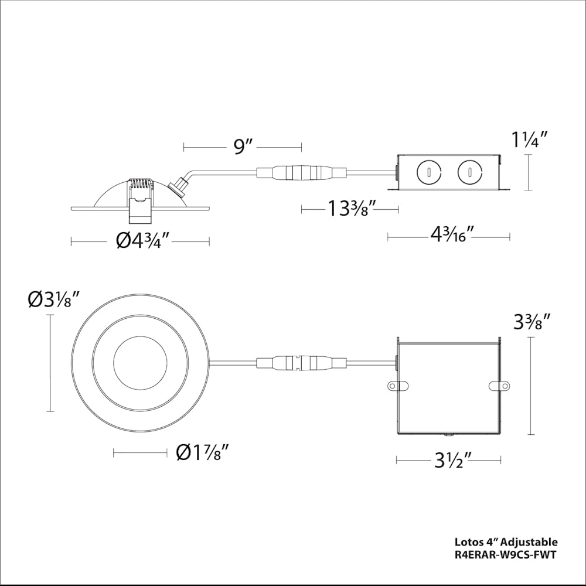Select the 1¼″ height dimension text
point(530,139)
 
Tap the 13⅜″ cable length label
point(350,208)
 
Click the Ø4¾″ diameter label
point(143,240)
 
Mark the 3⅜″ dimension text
point(532,322)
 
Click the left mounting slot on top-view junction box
point(397,386)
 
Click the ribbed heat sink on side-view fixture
point(139,185)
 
